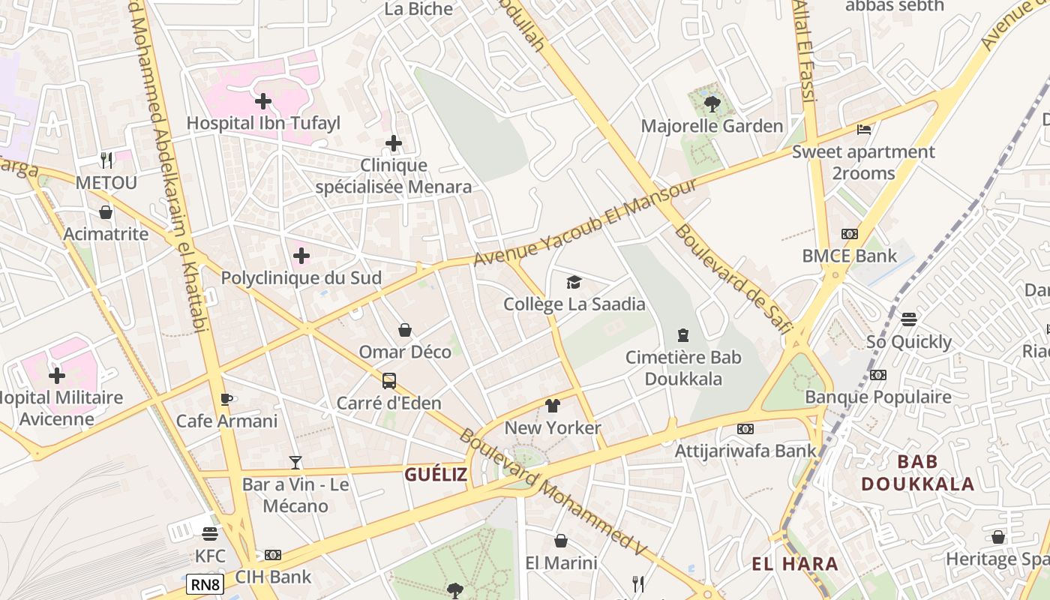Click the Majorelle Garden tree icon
(x=712, y=103)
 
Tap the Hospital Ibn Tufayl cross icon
(x=263, y=100)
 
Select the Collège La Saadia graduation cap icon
(x=574, y=282)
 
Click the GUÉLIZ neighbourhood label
(x=436, y=474)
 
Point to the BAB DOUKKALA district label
(x=917, y=472)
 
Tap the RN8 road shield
(x=205, y=583)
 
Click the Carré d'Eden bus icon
(x=388, y=380)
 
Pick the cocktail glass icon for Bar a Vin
(x=295, y=463)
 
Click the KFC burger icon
(x=210, y=533)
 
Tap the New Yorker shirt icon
(x=553, y=406)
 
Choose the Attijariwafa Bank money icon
(x=745, y=429)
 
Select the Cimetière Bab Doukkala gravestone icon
(x=683, y=334)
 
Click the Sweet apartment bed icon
(x=864, y=129)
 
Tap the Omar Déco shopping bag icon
(x=405, y=330)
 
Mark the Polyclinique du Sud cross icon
(x=301, y=256)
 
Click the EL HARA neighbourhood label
(x=795, y=564)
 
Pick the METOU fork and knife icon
(x=106, y=160)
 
